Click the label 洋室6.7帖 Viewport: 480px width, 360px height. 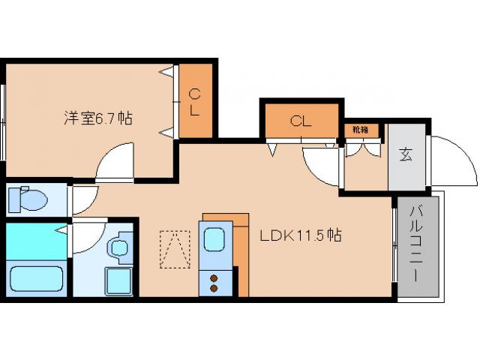pyautogui.click(x=97, y=118)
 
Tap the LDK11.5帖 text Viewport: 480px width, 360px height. pyautogui.click(x=301, y=235)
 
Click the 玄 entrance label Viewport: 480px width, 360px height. pyautogui.click(x=406, y=155)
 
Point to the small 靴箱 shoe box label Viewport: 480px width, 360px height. pyautogui.click(x=360, y=130)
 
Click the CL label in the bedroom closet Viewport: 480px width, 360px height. pyautogui.click(x=194, y=102)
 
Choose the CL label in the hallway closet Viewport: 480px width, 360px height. pyautogui.click(x=301, y=120)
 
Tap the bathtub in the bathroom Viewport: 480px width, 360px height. pyautogui.click(x=36, y=278)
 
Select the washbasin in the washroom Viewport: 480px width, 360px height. pyautogui.click(x=118, y=247)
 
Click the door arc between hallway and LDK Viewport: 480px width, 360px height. pyautogui.click(x=321, y=165)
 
